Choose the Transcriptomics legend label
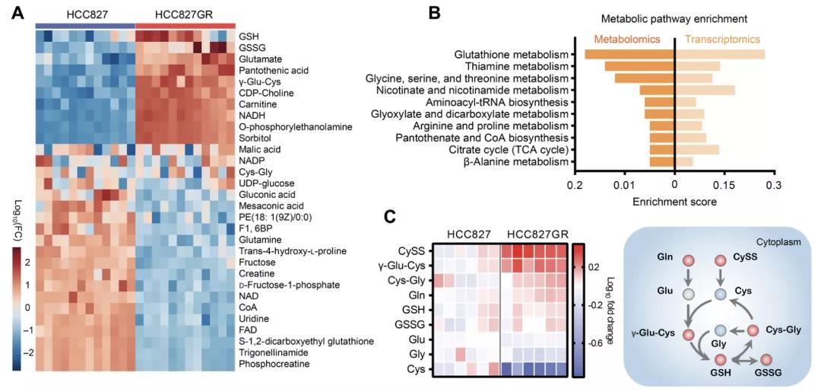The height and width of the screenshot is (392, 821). coord(722,39)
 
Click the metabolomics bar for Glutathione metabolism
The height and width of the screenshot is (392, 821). coord(629,54)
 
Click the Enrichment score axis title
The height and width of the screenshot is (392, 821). coord(674,202)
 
